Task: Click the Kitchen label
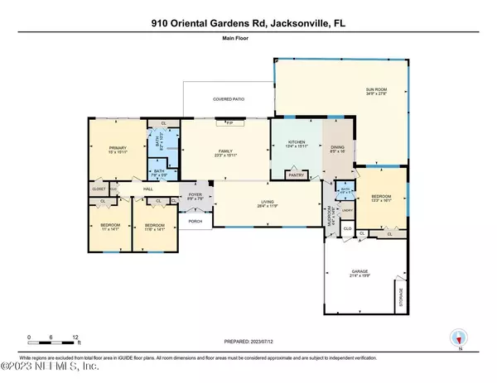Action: (x=297, y=142)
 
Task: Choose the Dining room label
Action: (x=336, y=147)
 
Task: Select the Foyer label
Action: (x=195, y=196)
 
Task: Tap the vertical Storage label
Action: (x=402, y=294)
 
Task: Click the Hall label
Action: (x=149, y=189)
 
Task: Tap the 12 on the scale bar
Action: (x=76, y=337)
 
